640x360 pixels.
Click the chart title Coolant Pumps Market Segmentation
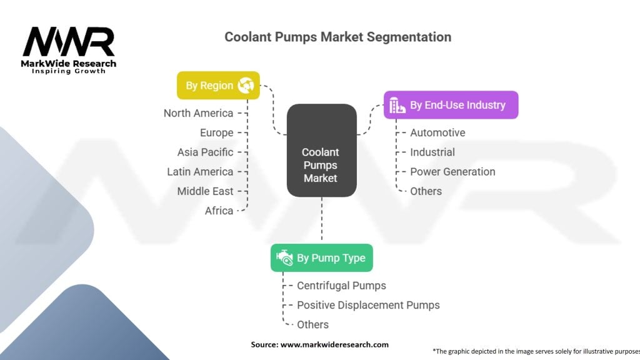337,37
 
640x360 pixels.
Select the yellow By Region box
218,86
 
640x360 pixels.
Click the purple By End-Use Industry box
450,105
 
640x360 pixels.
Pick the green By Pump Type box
321,257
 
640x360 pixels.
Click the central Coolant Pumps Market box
321,165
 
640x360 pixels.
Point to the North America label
198,113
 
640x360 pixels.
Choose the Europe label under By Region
216,132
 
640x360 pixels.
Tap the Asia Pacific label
205,152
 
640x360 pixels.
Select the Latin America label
200,171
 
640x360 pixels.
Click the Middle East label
205,191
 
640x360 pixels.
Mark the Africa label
219,211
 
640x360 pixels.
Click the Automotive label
437,132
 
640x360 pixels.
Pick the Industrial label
432,152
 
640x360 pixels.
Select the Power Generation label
452,171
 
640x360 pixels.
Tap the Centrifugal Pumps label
341,286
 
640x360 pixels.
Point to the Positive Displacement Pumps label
368,305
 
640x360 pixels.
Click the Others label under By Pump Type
312,324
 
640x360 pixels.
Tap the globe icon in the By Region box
246,86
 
